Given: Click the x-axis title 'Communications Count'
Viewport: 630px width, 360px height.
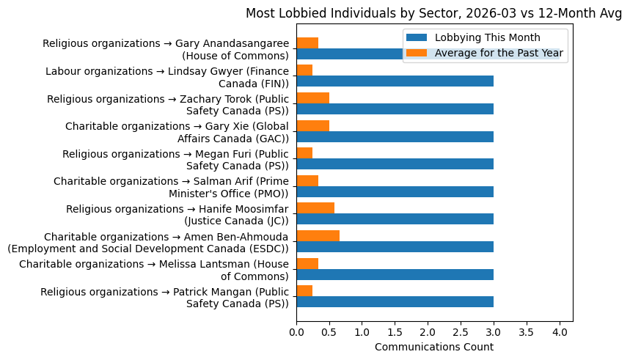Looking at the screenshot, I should [433, 347].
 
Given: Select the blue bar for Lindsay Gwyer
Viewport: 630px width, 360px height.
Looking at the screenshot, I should [395, 81].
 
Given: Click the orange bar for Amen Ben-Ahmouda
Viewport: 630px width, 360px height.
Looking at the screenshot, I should [318, 235].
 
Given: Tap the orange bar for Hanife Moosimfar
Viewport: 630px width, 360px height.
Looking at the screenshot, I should [315, 208].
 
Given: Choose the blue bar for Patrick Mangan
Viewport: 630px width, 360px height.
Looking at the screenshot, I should [395, 301].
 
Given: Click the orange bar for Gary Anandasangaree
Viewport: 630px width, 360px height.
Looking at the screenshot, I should [307, 43].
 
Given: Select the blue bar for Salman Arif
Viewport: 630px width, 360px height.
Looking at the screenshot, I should [395, 191].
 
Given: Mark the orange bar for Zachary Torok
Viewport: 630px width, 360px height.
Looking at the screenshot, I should [312, 98].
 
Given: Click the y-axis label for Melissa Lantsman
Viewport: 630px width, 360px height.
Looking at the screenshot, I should [154, 270].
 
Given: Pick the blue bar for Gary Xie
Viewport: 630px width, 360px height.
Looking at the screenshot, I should [395, 136].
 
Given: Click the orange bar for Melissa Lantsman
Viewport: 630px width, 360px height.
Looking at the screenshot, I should [307, 263].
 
